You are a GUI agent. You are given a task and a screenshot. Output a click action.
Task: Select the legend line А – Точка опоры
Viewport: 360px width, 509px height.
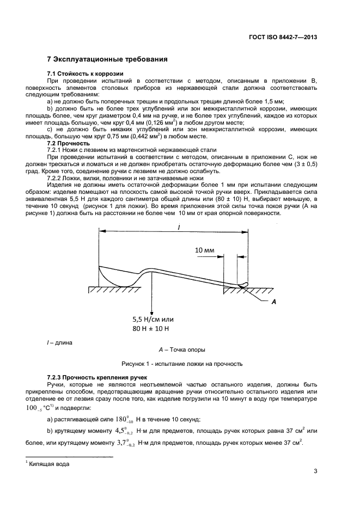(181, 349)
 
